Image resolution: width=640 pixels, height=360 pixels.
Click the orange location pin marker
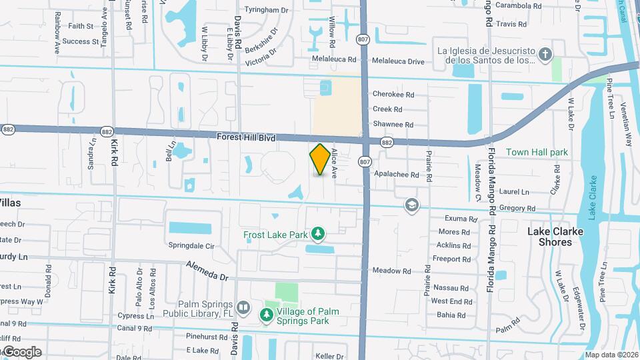(320, 159)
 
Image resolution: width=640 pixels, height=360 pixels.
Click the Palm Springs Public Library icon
(243, 308)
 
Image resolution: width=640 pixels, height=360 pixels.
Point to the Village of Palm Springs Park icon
(267, 314)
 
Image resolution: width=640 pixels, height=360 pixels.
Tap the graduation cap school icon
(411, 205)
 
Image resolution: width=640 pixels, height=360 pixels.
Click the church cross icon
(545, 54)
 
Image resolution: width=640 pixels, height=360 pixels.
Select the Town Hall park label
(537, 152)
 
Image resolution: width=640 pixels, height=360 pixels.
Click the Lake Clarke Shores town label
(555, 237)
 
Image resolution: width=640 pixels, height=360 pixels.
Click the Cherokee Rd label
(393, 95)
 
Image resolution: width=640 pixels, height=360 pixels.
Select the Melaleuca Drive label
(398, 61)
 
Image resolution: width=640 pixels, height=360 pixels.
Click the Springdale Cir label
(191, 246)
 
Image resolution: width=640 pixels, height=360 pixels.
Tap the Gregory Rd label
(513, 209)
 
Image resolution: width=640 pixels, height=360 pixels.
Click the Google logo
(21, 351)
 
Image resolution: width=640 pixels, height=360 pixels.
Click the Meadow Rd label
(391, 271)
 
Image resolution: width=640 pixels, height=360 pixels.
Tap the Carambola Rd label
(519, 6)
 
